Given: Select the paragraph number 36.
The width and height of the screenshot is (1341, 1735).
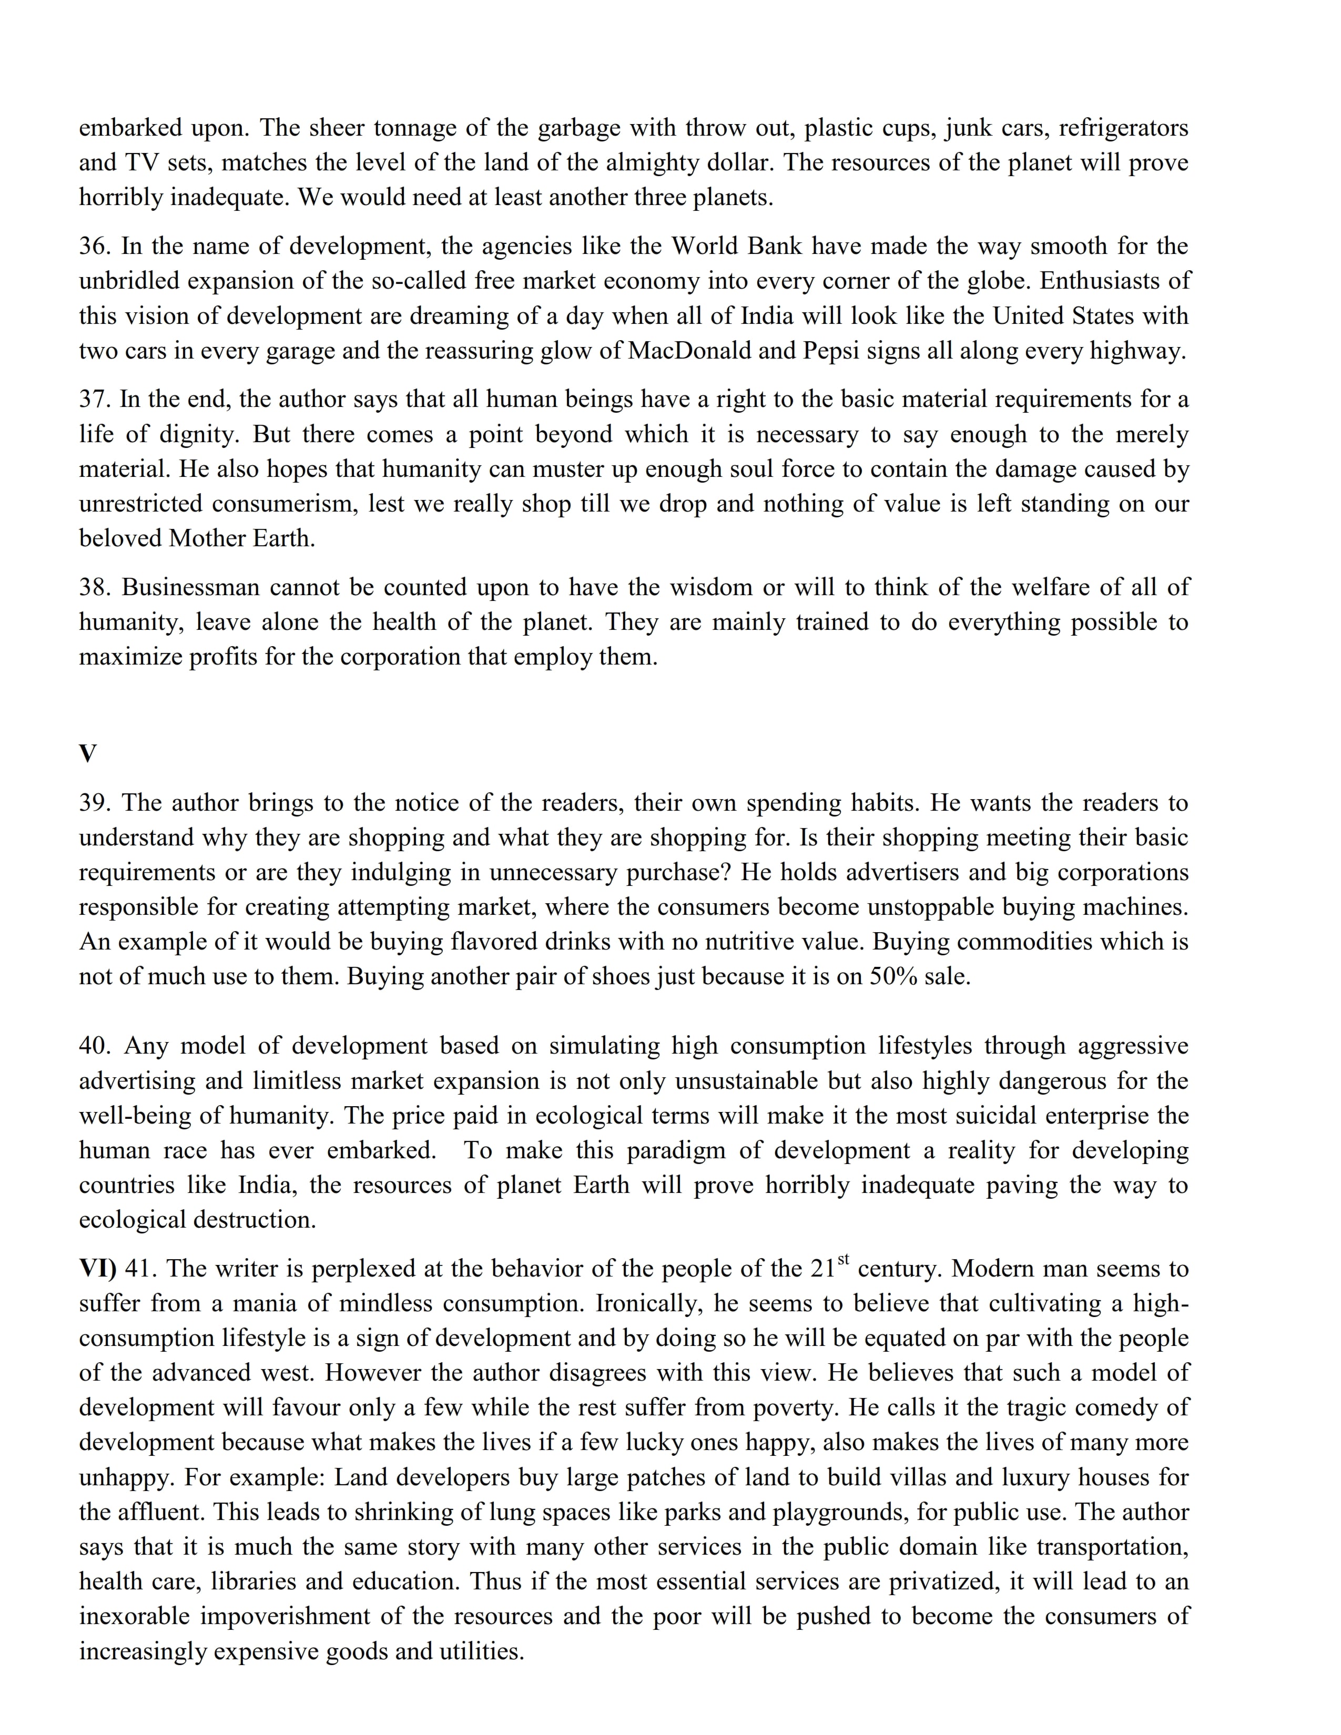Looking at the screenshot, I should [95, 246].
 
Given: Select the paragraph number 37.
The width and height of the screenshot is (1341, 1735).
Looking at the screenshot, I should [95, 400].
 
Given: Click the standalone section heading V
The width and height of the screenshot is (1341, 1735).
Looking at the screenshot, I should [87, 753].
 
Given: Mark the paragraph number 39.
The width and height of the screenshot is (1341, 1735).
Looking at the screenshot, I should [95, 803].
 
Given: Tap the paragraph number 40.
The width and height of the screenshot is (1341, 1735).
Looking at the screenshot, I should [95, 1046].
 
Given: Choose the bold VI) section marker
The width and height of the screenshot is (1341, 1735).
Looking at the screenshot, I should [97, 1269].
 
